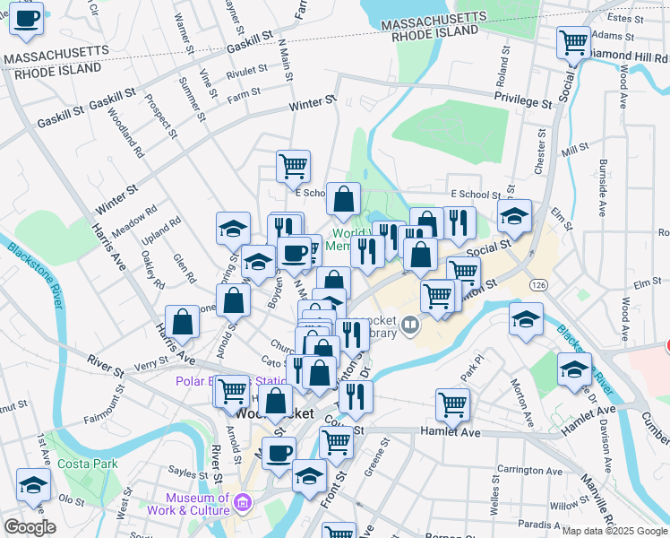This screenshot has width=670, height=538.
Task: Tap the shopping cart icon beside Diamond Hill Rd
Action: pos(573,41)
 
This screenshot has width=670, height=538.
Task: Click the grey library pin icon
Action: pos(411,324)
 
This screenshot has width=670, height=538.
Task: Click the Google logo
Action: pos(30,527)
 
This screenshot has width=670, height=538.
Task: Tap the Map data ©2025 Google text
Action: pos(614,531)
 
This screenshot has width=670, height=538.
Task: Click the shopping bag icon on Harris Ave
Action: pos(182,322)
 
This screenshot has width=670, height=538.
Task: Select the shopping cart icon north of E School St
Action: pos(293,165)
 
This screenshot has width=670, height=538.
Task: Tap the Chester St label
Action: pos(539,151)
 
